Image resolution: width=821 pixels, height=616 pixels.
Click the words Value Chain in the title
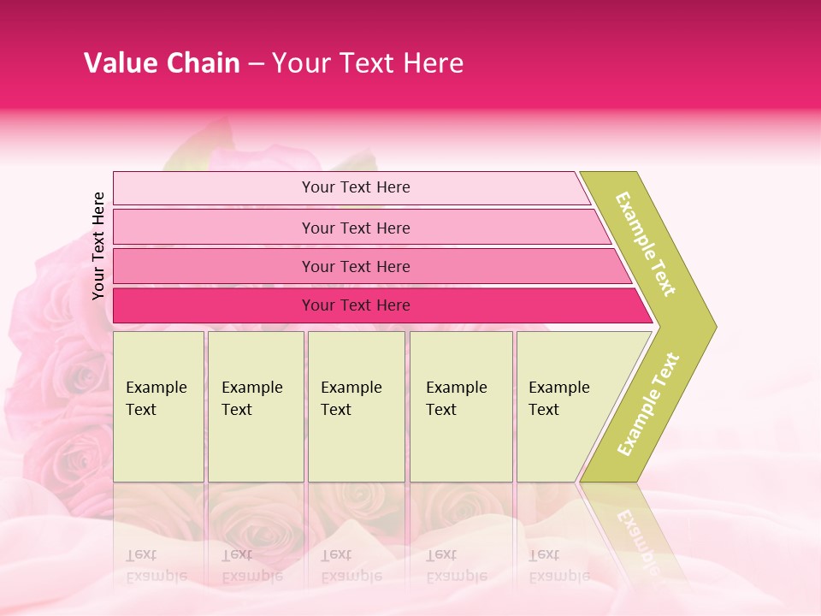162,63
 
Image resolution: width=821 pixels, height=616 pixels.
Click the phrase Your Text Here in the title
368,63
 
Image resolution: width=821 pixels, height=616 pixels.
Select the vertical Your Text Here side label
99,246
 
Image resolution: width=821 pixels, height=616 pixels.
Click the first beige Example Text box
158,406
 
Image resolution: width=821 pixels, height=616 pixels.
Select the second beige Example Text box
255,406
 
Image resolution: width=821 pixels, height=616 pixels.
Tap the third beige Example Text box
356,406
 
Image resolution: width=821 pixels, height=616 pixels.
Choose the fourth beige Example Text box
460,406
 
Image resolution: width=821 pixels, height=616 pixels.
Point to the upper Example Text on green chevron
647,244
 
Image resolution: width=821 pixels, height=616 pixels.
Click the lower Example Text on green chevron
648,404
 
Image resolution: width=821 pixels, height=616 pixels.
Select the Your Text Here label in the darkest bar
356,305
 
